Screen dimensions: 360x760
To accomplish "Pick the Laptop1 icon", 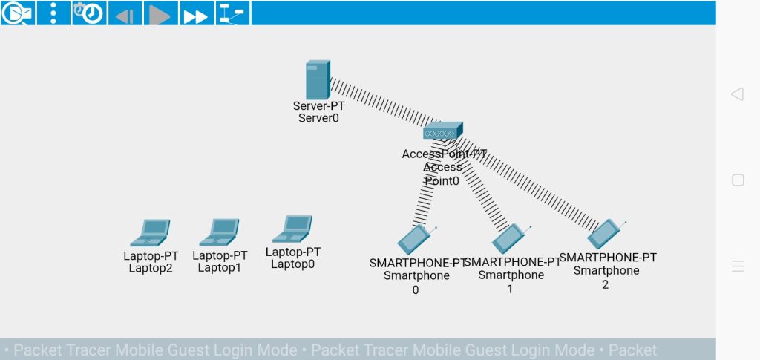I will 219,232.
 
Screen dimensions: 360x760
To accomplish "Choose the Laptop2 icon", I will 150,232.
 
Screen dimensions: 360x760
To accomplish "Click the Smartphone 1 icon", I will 509,238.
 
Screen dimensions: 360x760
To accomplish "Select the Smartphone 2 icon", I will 605,234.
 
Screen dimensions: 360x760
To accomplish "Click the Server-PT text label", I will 318,106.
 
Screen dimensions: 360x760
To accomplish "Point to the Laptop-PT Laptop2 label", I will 151,262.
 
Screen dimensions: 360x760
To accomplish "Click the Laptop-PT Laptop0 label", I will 293,258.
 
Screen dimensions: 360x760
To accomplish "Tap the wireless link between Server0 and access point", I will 379,105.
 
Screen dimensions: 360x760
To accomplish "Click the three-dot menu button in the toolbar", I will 53,13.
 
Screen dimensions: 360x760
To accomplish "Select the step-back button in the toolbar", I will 125,13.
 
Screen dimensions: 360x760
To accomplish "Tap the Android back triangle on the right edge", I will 737,94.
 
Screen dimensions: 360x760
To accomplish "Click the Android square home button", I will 738,180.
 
